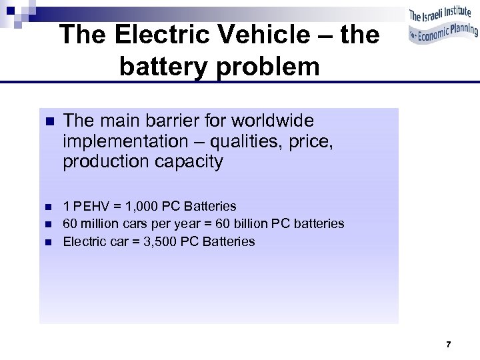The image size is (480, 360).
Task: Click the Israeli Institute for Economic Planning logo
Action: coord(443,25)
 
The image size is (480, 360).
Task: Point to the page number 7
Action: coord(448,345)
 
